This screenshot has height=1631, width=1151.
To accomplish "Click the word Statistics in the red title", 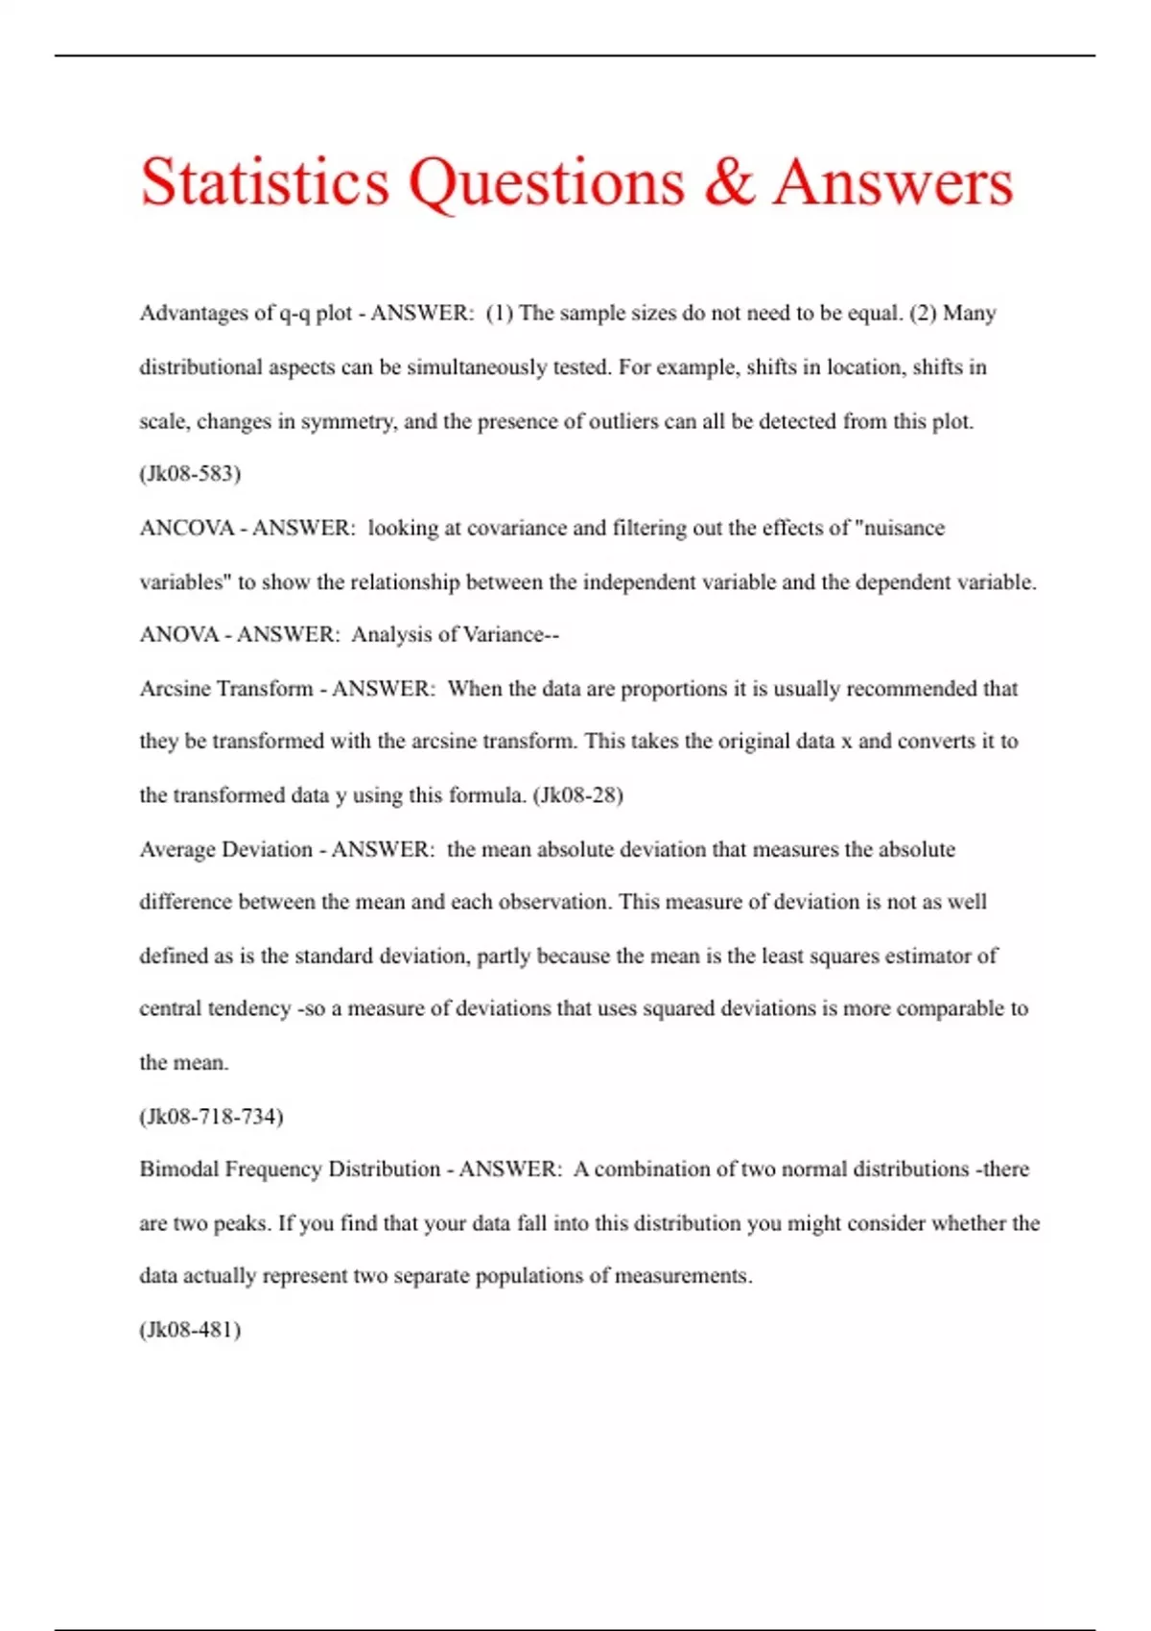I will (x=265, y=182).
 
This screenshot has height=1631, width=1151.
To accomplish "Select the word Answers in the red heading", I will (x=893, y=182).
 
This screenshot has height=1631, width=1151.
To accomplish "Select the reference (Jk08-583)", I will (x=190, y=473).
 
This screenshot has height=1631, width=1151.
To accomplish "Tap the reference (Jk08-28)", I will (x=577, y=795).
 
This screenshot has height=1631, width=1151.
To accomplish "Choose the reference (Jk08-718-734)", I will (x=211, y=1116).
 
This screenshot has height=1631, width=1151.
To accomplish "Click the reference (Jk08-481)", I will (x=190, y=1330).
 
